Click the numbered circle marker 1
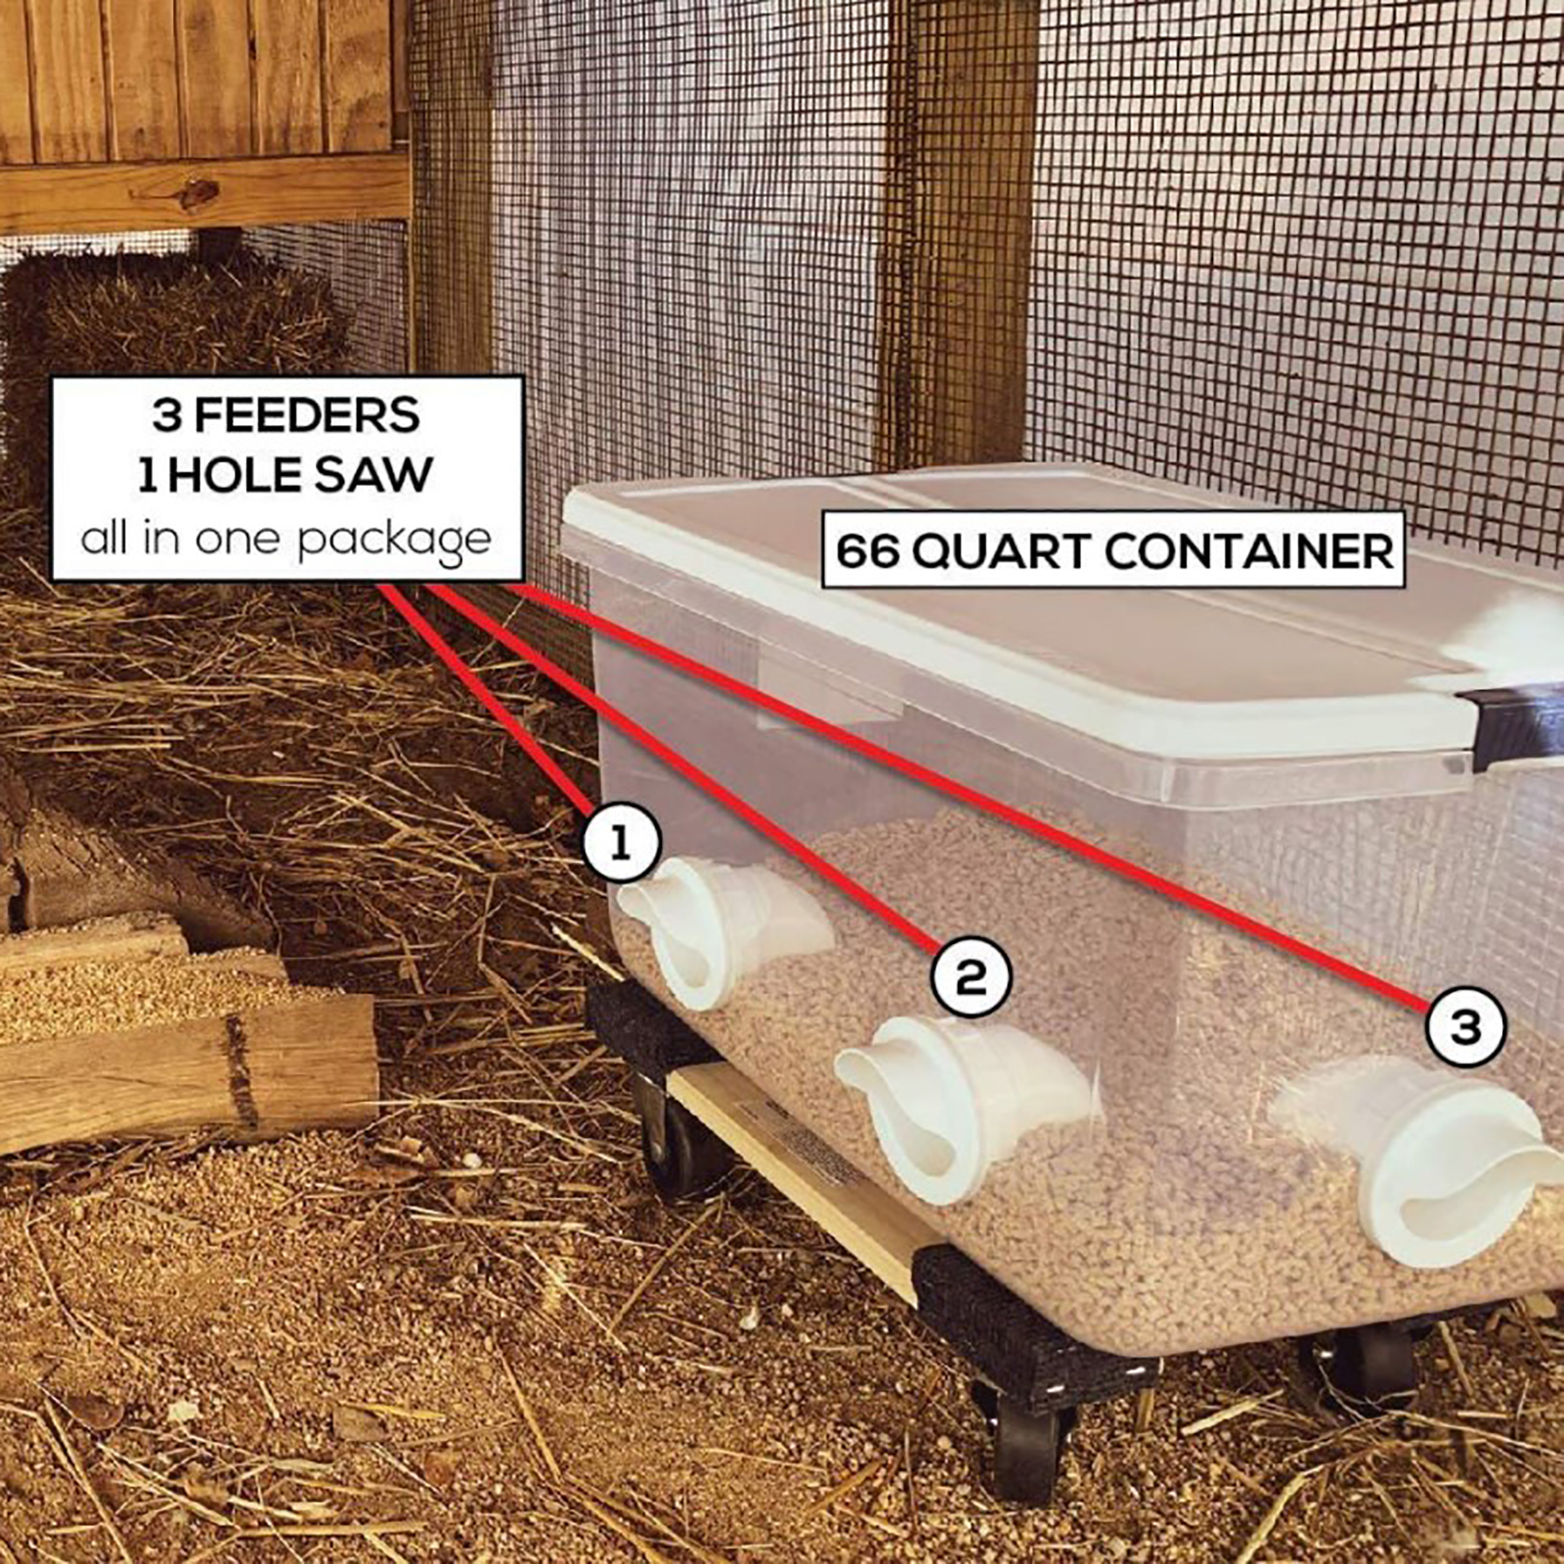[622, 843]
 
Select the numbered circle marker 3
[1465, 1027]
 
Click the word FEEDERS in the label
[307, 415]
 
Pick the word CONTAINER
[1250, 552]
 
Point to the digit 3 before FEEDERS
[166, 415]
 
